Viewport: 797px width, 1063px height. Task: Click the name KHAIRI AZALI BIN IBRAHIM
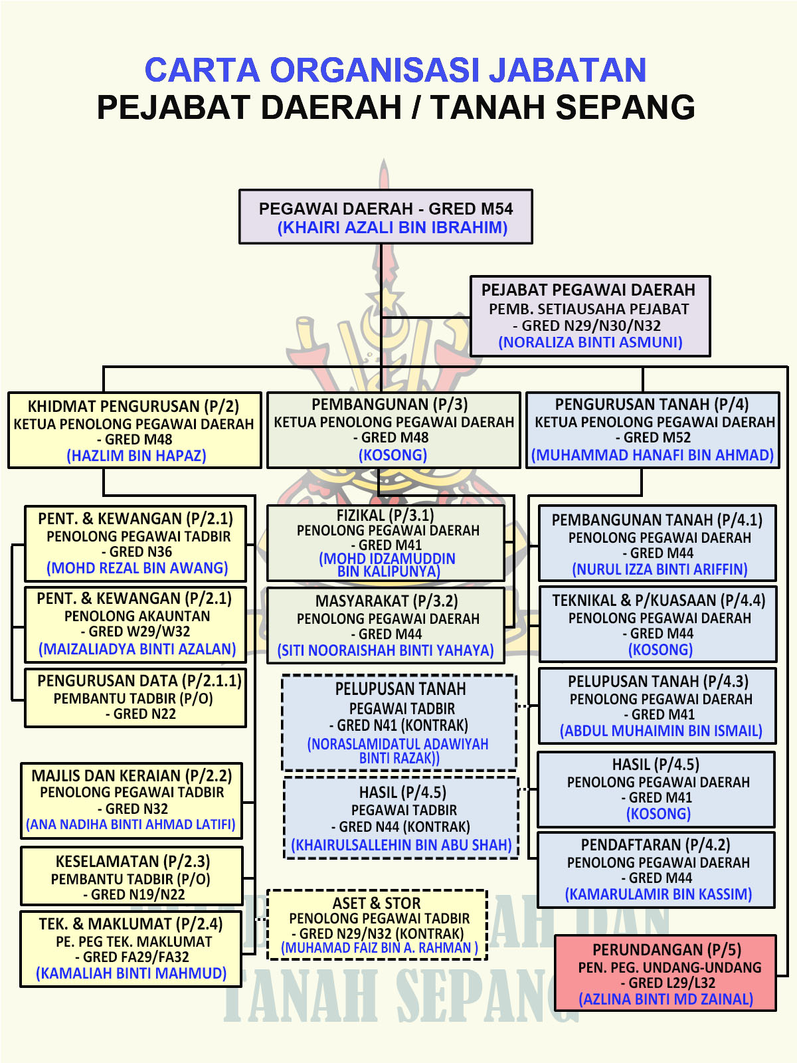tap(392, 227)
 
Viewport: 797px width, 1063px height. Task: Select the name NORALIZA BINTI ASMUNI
tap(590, 342)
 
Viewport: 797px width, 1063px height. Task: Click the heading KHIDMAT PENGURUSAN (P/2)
tap(133, 406)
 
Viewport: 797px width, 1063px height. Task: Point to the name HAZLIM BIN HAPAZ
tap(136, 456)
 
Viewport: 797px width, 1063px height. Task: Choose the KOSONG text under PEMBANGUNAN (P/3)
tap(393, 454)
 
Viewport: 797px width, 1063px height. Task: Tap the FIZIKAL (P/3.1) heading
tap(385, 515)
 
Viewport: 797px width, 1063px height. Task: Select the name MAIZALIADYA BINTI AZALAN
tap(137, 649)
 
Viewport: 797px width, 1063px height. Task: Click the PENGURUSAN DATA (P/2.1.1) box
tap(135, 698)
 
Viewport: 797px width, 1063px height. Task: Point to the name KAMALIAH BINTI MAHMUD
tap(131, 973)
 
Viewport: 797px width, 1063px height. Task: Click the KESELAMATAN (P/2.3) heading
tap(133, 861)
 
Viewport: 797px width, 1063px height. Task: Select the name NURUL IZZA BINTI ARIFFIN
tap(660, 569)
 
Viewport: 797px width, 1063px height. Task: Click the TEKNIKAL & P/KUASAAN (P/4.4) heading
tap(659, 601)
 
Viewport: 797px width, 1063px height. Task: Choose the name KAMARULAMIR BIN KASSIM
tap(658, 894)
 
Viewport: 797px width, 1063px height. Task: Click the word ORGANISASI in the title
tap(375, 70)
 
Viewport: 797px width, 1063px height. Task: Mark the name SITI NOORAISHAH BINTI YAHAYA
tap(385, 650)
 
